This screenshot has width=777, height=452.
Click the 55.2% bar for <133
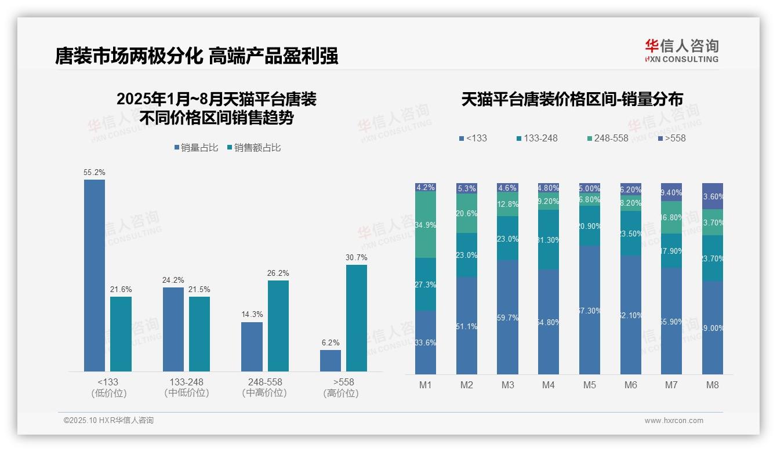[95, 275]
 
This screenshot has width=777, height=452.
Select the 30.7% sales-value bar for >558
[357, 318]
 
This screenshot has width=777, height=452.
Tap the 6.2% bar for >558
[331, 360]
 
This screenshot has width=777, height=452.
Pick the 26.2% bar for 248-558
[278, 326]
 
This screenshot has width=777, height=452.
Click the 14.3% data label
[252, 314]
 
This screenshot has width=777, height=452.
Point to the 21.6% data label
[121, 289]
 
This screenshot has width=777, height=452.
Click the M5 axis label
[590, 385]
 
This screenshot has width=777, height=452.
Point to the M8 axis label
[713, 385]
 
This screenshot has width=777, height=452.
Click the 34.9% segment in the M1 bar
[426, 225]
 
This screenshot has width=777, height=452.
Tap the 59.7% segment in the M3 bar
[507, 318]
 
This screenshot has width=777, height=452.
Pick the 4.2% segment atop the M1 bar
[426, 187]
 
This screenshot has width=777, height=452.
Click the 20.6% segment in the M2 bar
[466, 213]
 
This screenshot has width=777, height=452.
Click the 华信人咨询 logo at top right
[681, 50]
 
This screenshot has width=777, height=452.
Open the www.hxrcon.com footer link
[674, 421]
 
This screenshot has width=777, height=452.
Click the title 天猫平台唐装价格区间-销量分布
[572, 99]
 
